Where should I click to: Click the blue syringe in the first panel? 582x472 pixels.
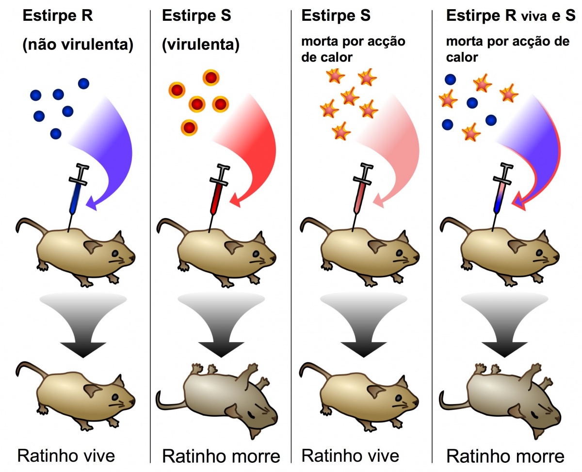[x=76, y=194]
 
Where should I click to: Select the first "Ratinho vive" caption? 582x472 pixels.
[x=66, y=456]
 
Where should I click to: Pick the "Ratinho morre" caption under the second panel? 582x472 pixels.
[x=221, y=456]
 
